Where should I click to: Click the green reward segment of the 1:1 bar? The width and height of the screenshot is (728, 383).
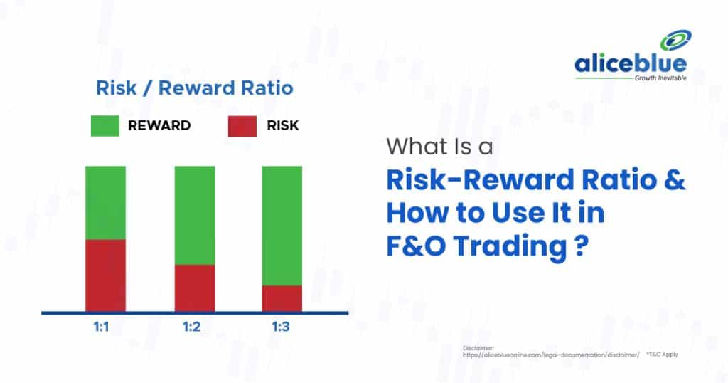coord(105,203)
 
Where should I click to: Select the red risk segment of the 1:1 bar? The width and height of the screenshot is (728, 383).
coord(105,276)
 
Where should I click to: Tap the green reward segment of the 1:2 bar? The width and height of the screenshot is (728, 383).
coord(195,215)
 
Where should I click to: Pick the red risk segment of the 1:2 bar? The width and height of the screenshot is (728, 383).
coord(195,288)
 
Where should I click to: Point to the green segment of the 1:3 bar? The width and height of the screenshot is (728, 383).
coord(282,226)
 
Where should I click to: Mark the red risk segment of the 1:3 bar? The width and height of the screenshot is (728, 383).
coord(282,298)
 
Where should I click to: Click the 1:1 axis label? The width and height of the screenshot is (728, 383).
coord(101,327)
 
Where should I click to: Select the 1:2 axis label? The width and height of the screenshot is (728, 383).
coord(192,327)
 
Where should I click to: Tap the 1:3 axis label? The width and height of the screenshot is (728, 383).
coord(281,327)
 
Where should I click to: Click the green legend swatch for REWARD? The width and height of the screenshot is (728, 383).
coord(105,126)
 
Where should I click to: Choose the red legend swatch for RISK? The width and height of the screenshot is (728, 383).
coord(242,126)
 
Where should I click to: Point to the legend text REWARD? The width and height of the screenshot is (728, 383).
coord(159,125)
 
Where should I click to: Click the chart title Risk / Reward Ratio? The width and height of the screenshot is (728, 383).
coord(195,88)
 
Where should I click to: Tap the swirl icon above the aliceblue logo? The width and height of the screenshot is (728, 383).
coord(675,41)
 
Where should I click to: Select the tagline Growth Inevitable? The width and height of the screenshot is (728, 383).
coord(660,78)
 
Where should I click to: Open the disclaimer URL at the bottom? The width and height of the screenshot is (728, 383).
coord(551,355)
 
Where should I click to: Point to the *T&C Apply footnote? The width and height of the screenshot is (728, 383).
coord(662,355)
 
